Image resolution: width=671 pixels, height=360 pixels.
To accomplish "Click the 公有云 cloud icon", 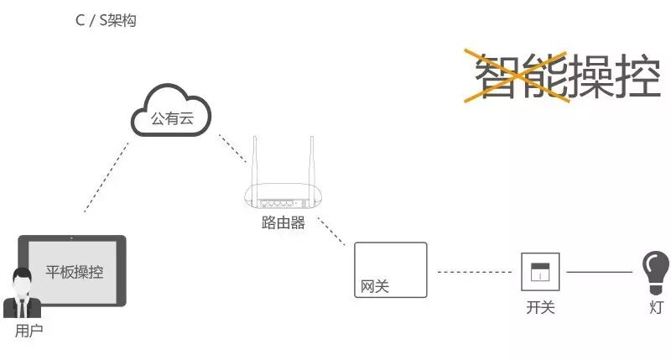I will click(172, 117).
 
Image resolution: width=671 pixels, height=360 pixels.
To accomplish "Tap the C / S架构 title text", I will click(106, 21).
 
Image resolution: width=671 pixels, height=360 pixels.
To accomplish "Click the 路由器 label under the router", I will click(283, 224).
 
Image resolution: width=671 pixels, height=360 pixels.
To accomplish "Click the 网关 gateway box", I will click(390, 270).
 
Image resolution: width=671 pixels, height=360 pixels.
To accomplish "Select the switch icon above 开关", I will click(540, 271).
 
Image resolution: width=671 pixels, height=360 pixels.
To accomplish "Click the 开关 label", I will click(540, 307).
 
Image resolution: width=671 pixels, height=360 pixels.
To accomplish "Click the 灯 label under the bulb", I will click(656, 307).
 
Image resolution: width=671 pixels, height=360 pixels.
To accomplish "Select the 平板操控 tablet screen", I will click(75, 272).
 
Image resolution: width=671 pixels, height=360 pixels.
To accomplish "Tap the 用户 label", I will click(29, 331).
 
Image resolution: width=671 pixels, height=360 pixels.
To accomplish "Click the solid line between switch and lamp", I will click(600, 272).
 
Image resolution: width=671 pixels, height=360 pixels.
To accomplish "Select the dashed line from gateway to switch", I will click(474, 272).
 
